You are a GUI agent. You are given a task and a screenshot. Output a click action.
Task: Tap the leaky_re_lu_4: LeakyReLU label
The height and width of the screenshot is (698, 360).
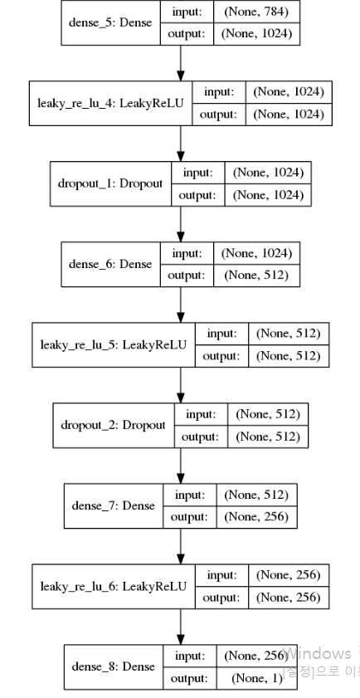110,103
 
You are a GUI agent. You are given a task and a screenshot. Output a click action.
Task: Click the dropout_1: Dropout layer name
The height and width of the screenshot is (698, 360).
111,183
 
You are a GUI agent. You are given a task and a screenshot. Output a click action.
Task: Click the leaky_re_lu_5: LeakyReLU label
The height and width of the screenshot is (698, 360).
114,344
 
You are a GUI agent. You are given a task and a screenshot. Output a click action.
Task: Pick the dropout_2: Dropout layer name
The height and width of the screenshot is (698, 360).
113,424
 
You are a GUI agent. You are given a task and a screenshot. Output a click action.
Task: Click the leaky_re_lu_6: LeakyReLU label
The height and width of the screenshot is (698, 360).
114,585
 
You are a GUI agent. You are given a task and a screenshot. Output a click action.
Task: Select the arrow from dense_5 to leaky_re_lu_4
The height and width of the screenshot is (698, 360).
180,62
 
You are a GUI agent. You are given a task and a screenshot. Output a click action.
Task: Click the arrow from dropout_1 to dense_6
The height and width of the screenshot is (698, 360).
180,223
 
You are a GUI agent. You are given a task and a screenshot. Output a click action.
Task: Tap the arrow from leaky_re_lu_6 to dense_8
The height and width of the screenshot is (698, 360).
180,625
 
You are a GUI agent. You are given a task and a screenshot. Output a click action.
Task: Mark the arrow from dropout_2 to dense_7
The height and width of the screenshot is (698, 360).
180,465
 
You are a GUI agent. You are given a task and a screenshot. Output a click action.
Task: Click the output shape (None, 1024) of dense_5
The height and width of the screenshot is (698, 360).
256,34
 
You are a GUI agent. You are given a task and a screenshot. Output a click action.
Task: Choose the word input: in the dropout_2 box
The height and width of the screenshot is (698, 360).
200,413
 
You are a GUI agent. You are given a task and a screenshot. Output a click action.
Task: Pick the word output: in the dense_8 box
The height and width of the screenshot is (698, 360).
192,676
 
